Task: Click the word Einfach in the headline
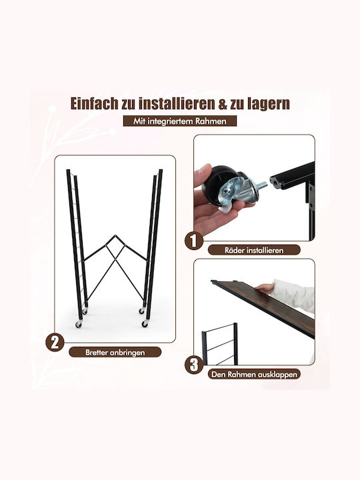point(94,103)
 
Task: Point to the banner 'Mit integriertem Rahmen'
point(180,121)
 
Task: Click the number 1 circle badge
point(193,241)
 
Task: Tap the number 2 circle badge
point(55,343)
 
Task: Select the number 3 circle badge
point(194,365)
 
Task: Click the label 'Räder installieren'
point(254,250)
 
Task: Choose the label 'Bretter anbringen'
point(115,353)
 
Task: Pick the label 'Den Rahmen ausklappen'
point(254,374)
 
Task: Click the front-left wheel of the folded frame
point(79,324)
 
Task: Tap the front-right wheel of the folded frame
point(145,323)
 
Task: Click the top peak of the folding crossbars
point(115,235)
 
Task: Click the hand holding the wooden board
point(265,289)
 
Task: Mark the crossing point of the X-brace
point(115,259)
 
